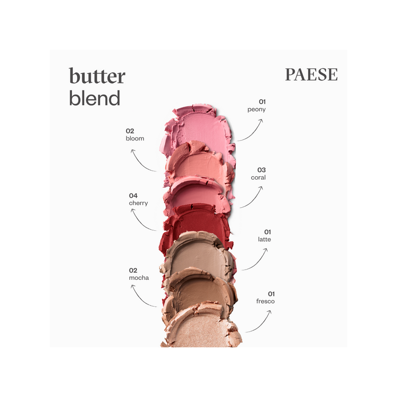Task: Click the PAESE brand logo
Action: pos(311,74)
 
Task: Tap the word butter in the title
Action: pos(97,75)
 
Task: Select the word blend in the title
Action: pos(94,98)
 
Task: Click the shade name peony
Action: pos(257,110)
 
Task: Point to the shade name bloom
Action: pos(135,138)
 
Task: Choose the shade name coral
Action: pos(258,178)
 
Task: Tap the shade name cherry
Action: pos(138,203)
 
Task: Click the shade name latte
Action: pos(265,239)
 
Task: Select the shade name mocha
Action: pos(139,278)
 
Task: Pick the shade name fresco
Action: pos(265,301)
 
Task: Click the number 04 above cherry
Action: pos(133,196)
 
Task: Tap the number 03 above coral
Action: pos(262,170)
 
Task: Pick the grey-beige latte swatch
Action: pos(200,256)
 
